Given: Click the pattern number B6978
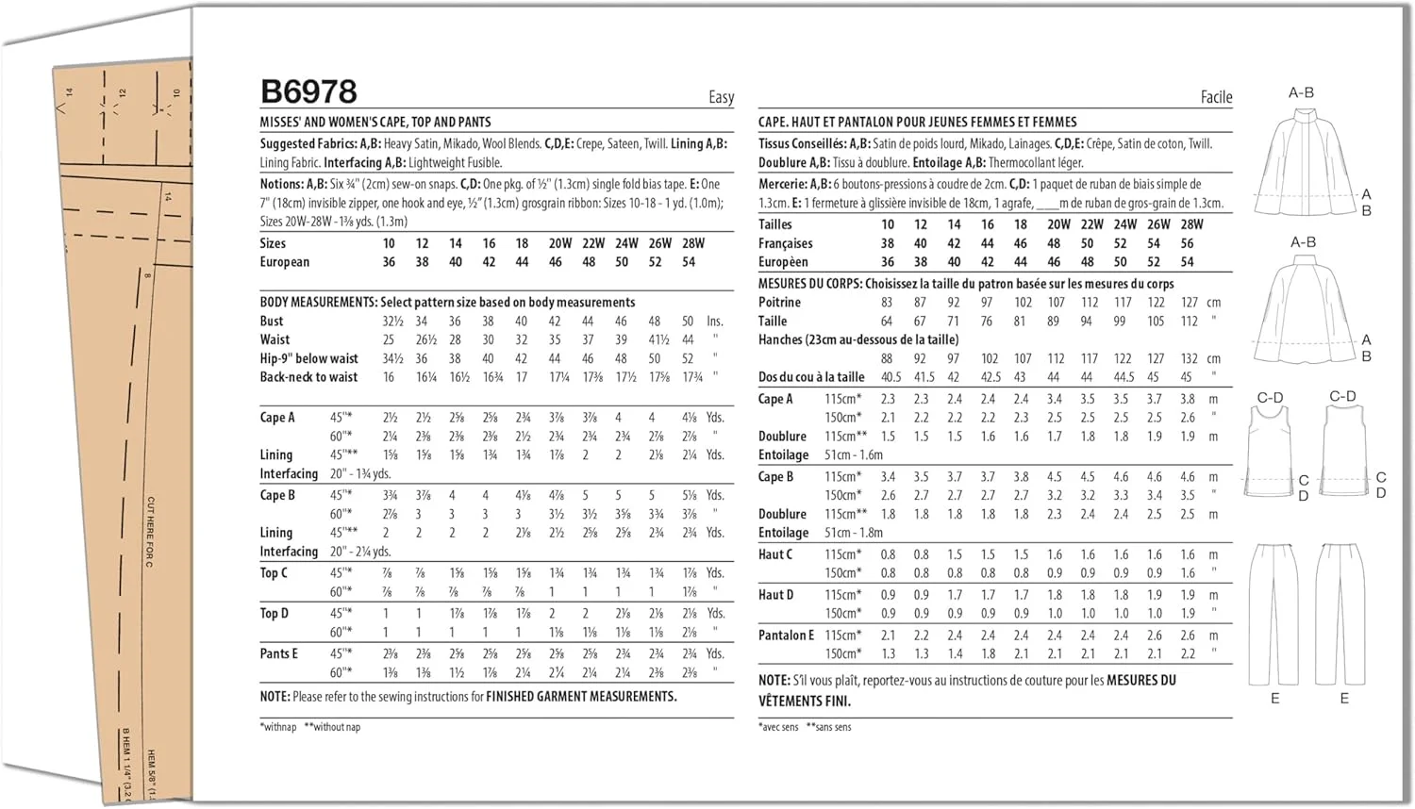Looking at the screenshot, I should pos(308,91).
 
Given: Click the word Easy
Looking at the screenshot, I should pos(721,97).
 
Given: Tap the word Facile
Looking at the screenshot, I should pos(1216,97).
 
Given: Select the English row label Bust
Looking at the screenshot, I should pos(272,322).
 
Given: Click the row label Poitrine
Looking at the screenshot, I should pos(779,303).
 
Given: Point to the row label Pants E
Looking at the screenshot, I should pos(278,653).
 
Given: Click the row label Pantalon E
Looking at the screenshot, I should pos(786,636).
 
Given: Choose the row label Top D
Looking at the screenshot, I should pos(275,614).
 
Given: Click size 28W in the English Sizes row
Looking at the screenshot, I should pos(693,243).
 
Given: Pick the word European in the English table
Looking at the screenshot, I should pos(284,262).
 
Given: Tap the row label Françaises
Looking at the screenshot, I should pos(785,243).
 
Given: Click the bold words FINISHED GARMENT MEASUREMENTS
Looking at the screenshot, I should pos(581,697).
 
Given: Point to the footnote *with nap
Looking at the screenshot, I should pos(278,727).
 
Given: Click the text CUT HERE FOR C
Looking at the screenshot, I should pos(151,532).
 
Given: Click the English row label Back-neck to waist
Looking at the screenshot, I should pos(308,377).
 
